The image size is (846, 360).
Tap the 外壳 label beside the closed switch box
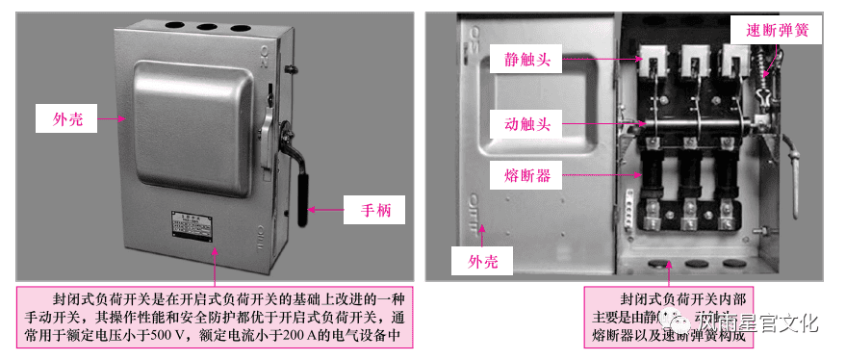click(67, 119)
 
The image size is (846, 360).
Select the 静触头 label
click(526, 60)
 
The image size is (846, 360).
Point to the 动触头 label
click(526, 123)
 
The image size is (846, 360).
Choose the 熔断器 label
click(526, 175)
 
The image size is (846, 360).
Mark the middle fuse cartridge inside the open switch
click(691, 178)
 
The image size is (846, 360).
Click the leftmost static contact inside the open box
click(651, 64)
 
